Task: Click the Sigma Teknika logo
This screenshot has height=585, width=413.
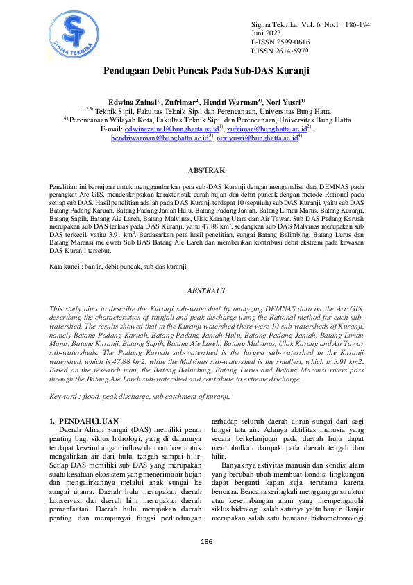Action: click(x=71, y=33)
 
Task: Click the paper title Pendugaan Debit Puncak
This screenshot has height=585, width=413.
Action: click(x=206, y=71)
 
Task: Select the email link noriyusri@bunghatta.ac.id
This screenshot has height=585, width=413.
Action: click(x=256, y=138)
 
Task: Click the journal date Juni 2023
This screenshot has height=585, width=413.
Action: click(x=267, y=33)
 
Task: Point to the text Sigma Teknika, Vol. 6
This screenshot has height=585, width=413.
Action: click(x=285, y=24)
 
